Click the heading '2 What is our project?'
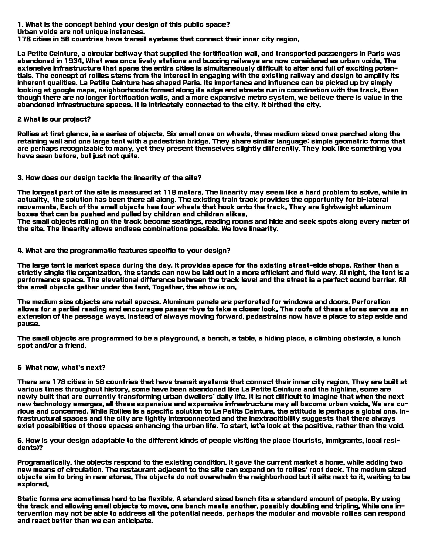point(54,119)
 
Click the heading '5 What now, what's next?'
point(61,367)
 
